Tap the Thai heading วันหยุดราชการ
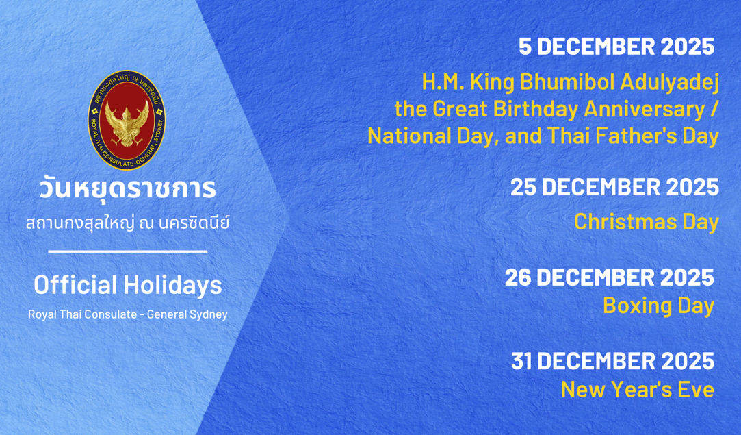point(127,188)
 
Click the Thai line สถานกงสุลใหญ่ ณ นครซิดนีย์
point(127,221)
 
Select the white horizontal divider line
point(127,251)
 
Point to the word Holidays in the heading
point(173,285)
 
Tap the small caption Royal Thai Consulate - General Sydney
point(127,314)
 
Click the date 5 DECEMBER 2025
point(616,47)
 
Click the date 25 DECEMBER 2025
point(615,187)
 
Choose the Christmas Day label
point(647,222)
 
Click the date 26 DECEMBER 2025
point(610,277)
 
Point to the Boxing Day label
point(659,306)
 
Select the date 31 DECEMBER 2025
point(613,362)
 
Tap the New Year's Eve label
point(638,390)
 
